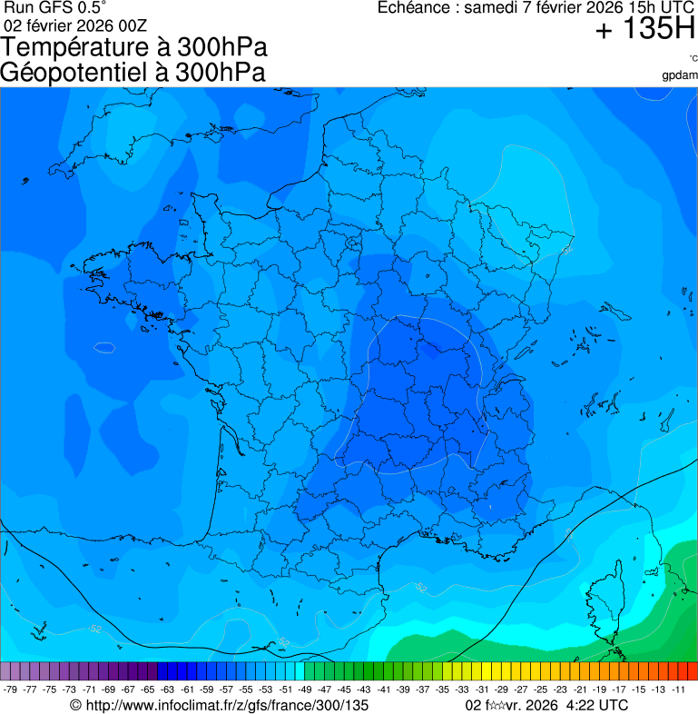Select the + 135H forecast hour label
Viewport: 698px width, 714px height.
645,30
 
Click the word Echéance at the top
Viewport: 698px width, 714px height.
417,8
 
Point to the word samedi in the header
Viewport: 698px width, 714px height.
493,8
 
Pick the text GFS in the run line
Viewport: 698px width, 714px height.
52,8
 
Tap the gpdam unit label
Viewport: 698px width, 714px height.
680,74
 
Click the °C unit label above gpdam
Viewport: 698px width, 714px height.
693,59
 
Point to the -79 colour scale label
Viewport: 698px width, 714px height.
11,689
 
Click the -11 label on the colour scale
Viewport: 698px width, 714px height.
679,689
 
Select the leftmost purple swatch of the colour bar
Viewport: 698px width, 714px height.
5,671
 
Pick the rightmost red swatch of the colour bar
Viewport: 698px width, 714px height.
693,671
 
